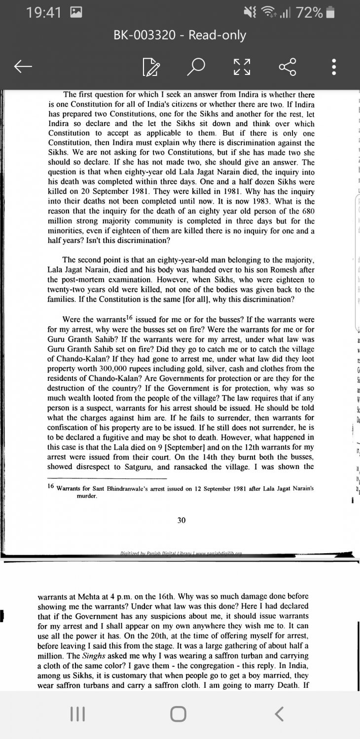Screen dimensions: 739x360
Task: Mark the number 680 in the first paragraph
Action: point(308,211)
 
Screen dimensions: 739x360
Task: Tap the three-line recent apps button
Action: point(75,714)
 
